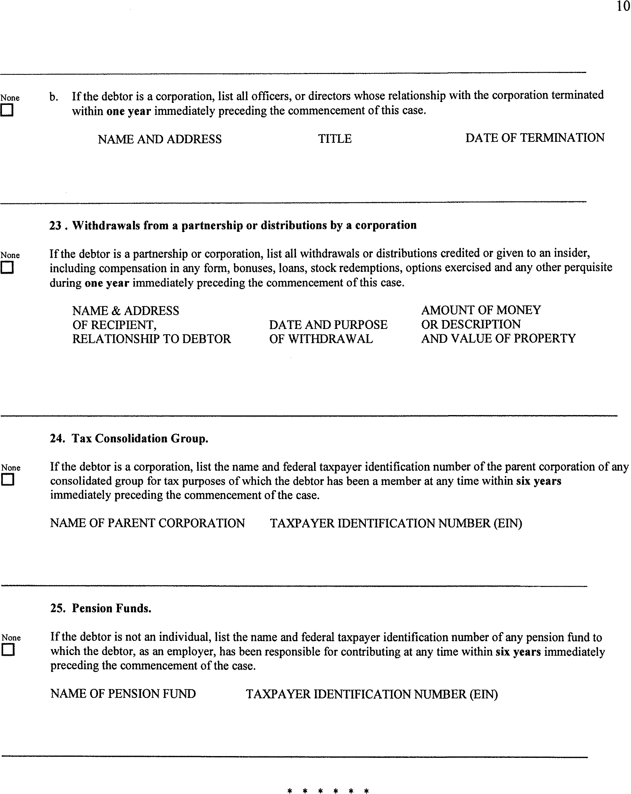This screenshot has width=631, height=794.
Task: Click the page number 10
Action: tap(623, 7)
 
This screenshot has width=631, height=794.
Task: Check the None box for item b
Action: tap(7, 110)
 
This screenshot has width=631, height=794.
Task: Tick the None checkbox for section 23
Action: tap(7, 267)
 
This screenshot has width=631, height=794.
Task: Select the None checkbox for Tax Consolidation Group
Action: tap(7, 480)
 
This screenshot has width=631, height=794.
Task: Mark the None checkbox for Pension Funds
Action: tap(8, 649)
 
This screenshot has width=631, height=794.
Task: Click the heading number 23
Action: tap(55, 225)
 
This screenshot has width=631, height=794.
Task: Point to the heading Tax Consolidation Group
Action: tap(140, 438)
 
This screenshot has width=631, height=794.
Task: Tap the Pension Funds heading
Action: tap(111, 608)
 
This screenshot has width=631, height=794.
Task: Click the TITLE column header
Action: tap(335, 139)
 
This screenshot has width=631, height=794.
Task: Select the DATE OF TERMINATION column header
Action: tap(535, 138)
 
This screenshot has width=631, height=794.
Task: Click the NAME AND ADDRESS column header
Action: tap(160, 139)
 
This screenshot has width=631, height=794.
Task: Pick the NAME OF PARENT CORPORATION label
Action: tap(147, 523)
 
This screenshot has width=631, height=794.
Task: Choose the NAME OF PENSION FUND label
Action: tap(123, 693)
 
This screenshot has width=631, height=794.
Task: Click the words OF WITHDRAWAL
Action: tap(320, 339)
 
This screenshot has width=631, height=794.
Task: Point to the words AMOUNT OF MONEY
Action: tap(481, 310)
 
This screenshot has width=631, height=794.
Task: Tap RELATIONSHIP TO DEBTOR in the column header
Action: tap(151, 339)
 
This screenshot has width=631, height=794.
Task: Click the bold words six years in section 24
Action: tap(538, 481)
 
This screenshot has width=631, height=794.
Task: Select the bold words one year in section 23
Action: tap(107, 283)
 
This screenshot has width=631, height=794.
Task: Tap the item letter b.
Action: tap(54, 97)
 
